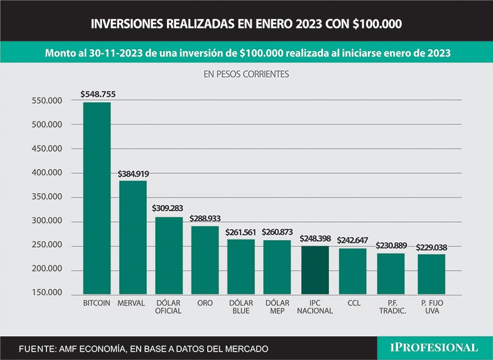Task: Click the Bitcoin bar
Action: (97, 198)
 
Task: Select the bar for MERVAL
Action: (133, 237)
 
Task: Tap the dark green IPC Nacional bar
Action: (315, 270)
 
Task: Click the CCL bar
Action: (352, 272)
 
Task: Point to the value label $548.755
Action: (98, 95)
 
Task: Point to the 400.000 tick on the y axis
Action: (46, 173)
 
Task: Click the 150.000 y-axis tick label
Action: (46, 293)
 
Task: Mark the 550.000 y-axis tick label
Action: (46, 101)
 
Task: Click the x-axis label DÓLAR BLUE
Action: (241, 307)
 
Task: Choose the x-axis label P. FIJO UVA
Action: (431, 307)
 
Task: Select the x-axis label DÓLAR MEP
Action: (277, 307)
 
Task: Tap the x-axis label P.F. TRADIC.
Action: (392, 307)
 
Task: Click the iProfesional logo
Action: (434, 348)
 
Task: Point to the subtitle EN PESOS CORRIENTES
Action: (246, 73)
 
